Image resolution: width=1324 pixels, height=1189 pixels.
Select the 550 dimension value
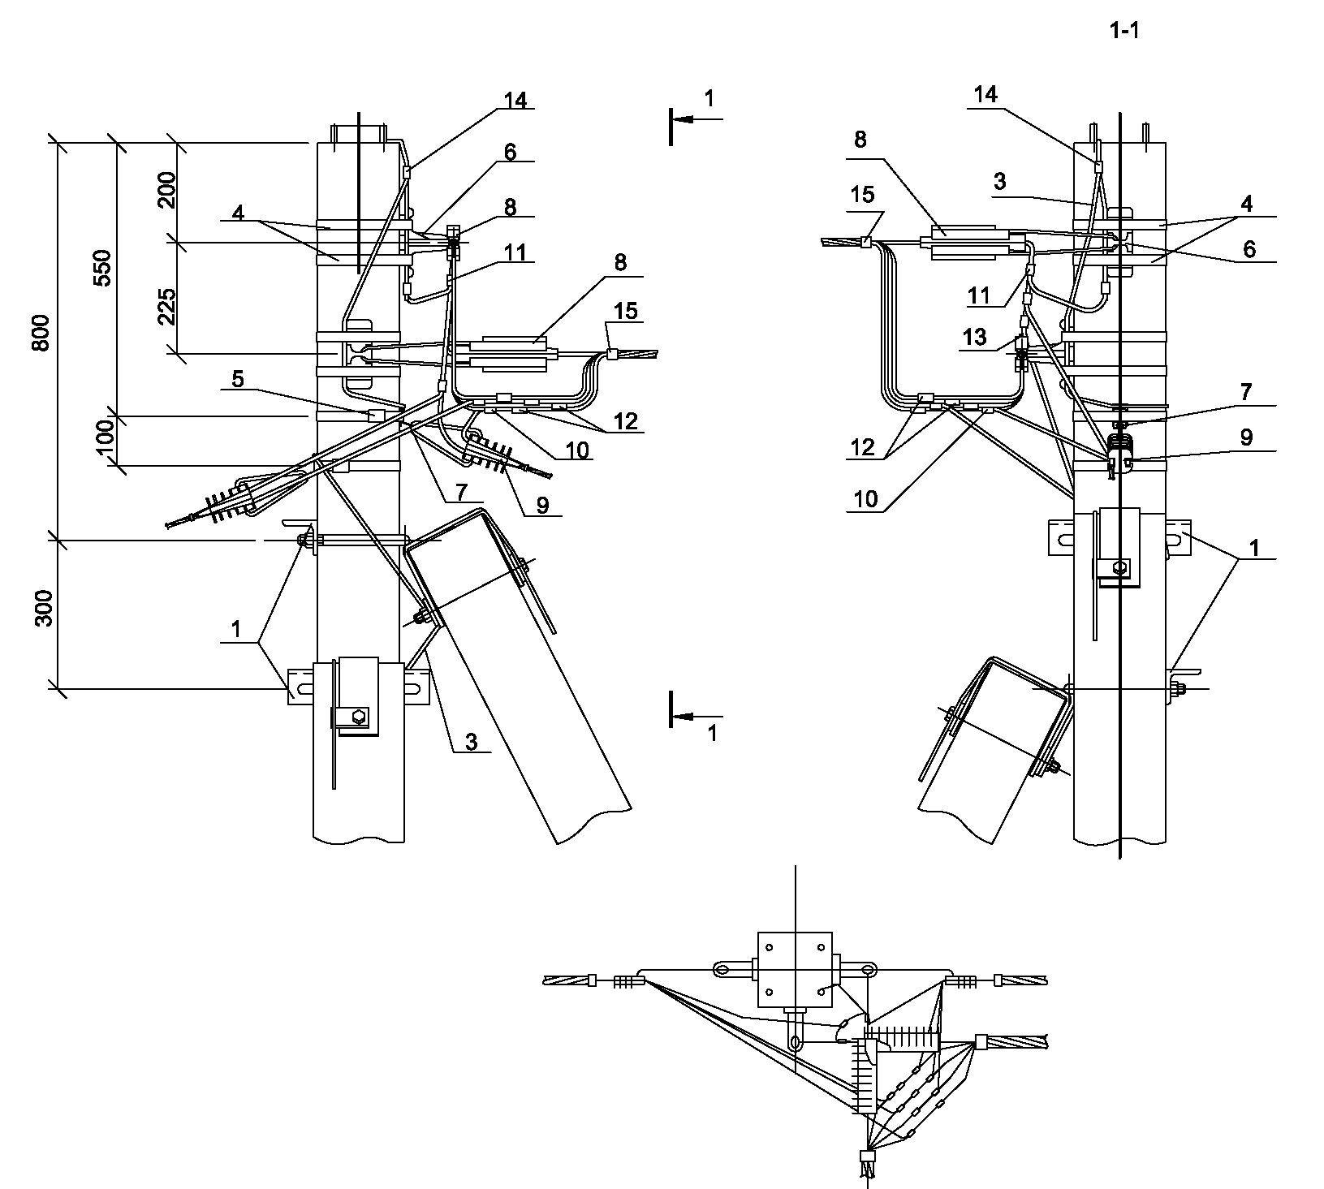click(102, 267)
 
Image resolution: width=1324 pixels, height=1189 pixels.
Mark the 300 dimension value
click(44, 607)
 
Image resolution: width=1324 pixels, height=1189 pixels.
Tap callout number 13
click(975, 336)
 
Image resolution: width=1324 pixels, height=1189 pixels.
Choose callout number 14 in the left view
click(515, 100)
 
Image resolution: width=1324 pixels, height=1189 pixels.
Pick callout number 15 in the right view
click(863, 194)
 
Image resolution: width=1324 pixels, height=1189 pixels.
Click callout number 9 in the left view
click(542, 505)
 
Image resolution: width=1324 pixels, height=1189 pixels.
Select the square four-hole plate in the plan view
click(795, 968)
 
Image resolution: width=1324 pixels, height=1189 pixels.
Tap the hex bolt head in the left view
click(358, 716)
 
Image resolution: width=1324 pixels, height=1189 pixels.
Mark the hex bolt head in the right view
click(1120, 567)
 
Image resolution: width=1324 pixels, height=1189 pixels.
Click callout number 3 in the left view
click(471, 739)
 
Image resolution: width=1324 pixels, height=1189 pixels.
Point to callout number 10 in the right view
click(866, 498)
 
